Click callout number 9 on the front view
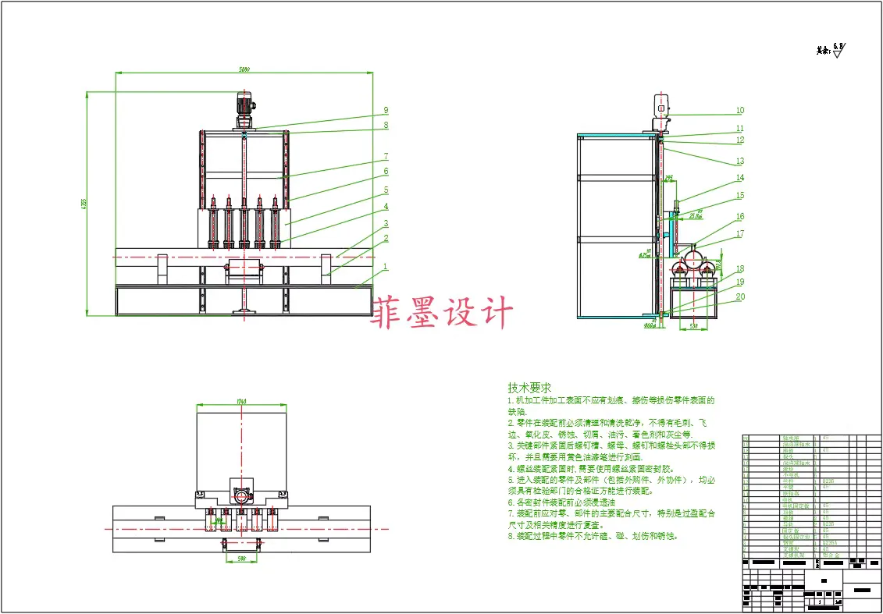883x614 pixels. point(385,110)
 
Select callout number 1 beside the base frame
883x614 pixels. point(385,266)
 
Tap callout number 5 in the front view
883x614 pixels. point(385,190)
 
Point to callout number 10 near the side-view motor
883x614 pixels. point(740,111)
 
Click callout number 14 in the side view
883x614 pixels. point(740,178)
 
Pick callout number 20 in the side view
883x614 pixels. point(740,296)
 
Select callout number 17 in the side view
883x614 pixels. point(740,233)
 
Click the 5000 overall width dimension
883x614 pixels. point(244,70)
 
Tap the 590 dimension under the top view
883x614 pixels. point(241,559)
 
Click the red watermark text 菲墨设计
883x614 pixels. point(445,312)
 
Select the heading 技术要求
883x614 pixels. point(529,388)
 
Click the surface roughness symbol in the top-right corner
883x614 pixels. point(837,52)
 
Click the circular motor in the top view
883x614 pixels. point(241,496)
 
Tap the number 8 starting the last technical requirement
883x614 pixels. point(510,536)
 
